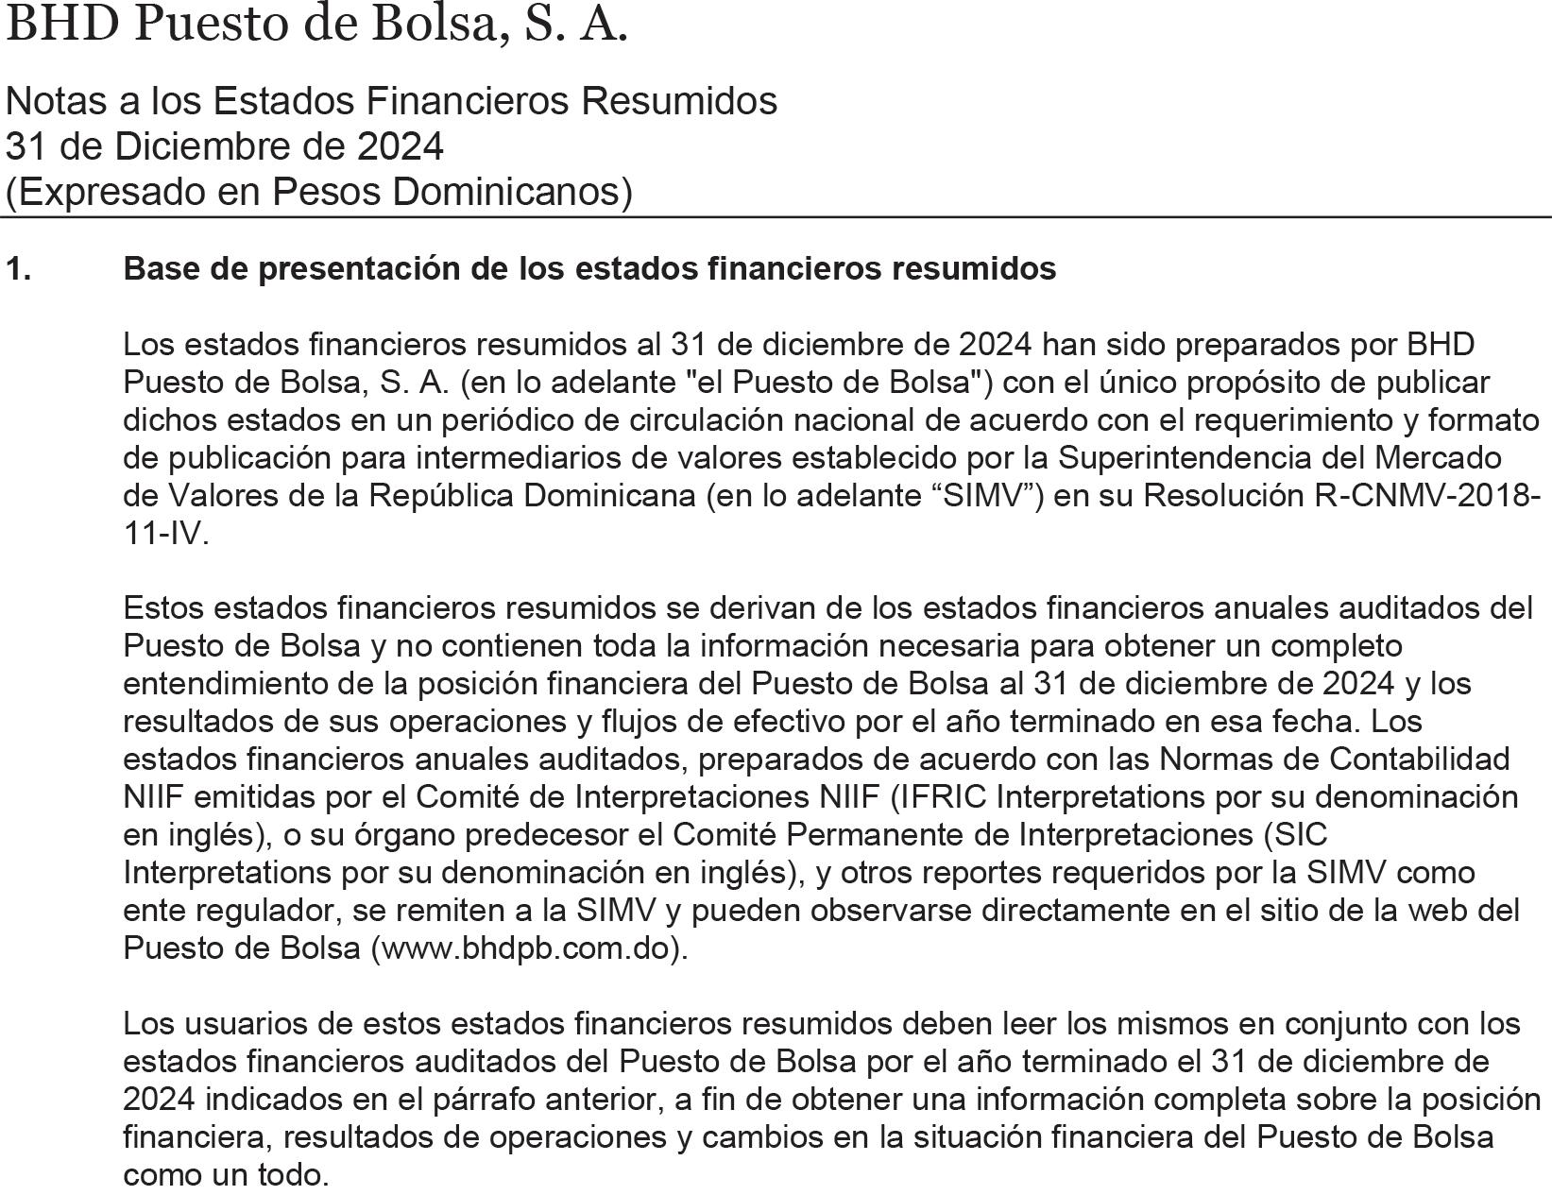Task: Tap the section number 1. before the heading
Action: (x=19, y=269)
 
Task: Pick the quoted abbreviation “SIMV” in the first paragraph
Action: (x=983, y=496)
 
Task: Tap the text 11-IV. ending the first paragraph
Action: (x=165, y=534)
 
